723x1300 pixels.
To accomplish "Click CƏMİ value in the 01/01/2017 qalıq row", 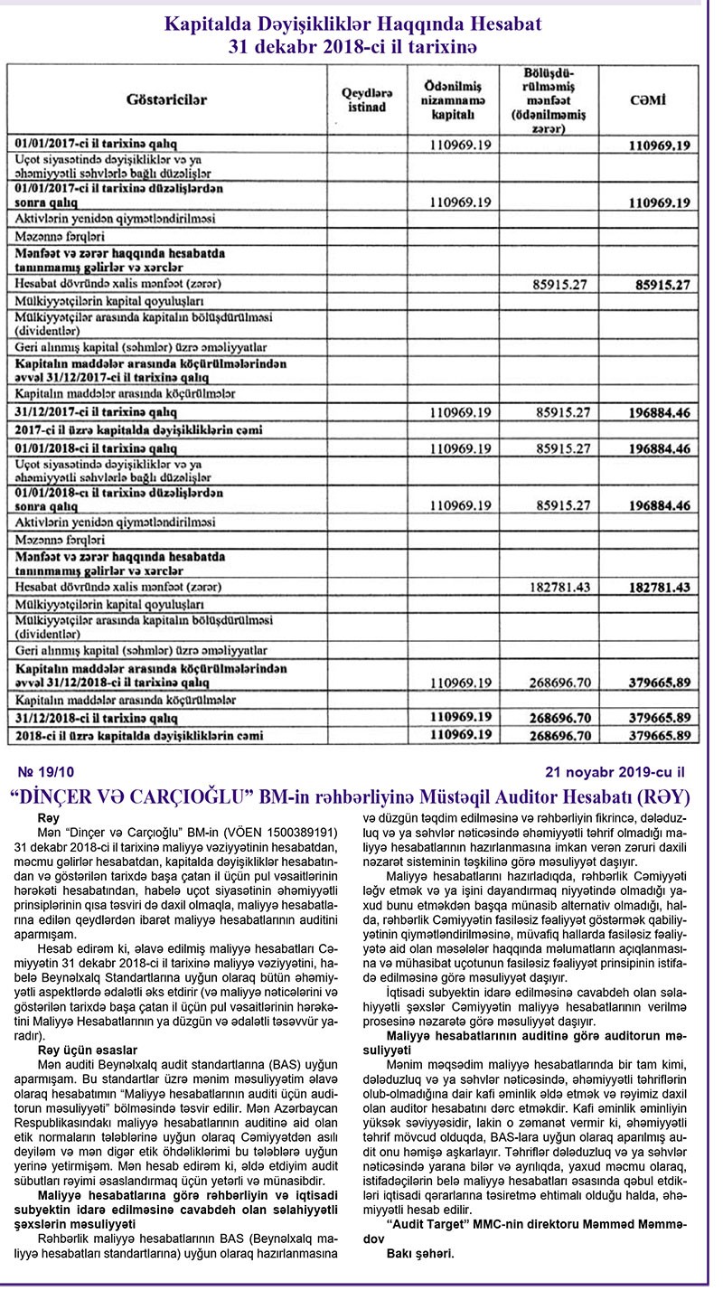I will coord(658,145).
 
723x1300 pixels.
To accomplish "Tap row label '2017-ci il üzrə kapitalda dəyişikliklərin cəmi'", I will coord(153,429).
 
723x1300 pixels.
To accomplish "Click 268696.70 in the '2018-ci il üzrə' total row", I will coord(562,736).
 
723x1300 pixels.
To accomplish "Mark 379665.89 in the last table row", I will coord(658,736).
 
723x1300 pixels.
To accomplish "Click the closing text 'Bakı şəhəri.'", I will coord(420,1255).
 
